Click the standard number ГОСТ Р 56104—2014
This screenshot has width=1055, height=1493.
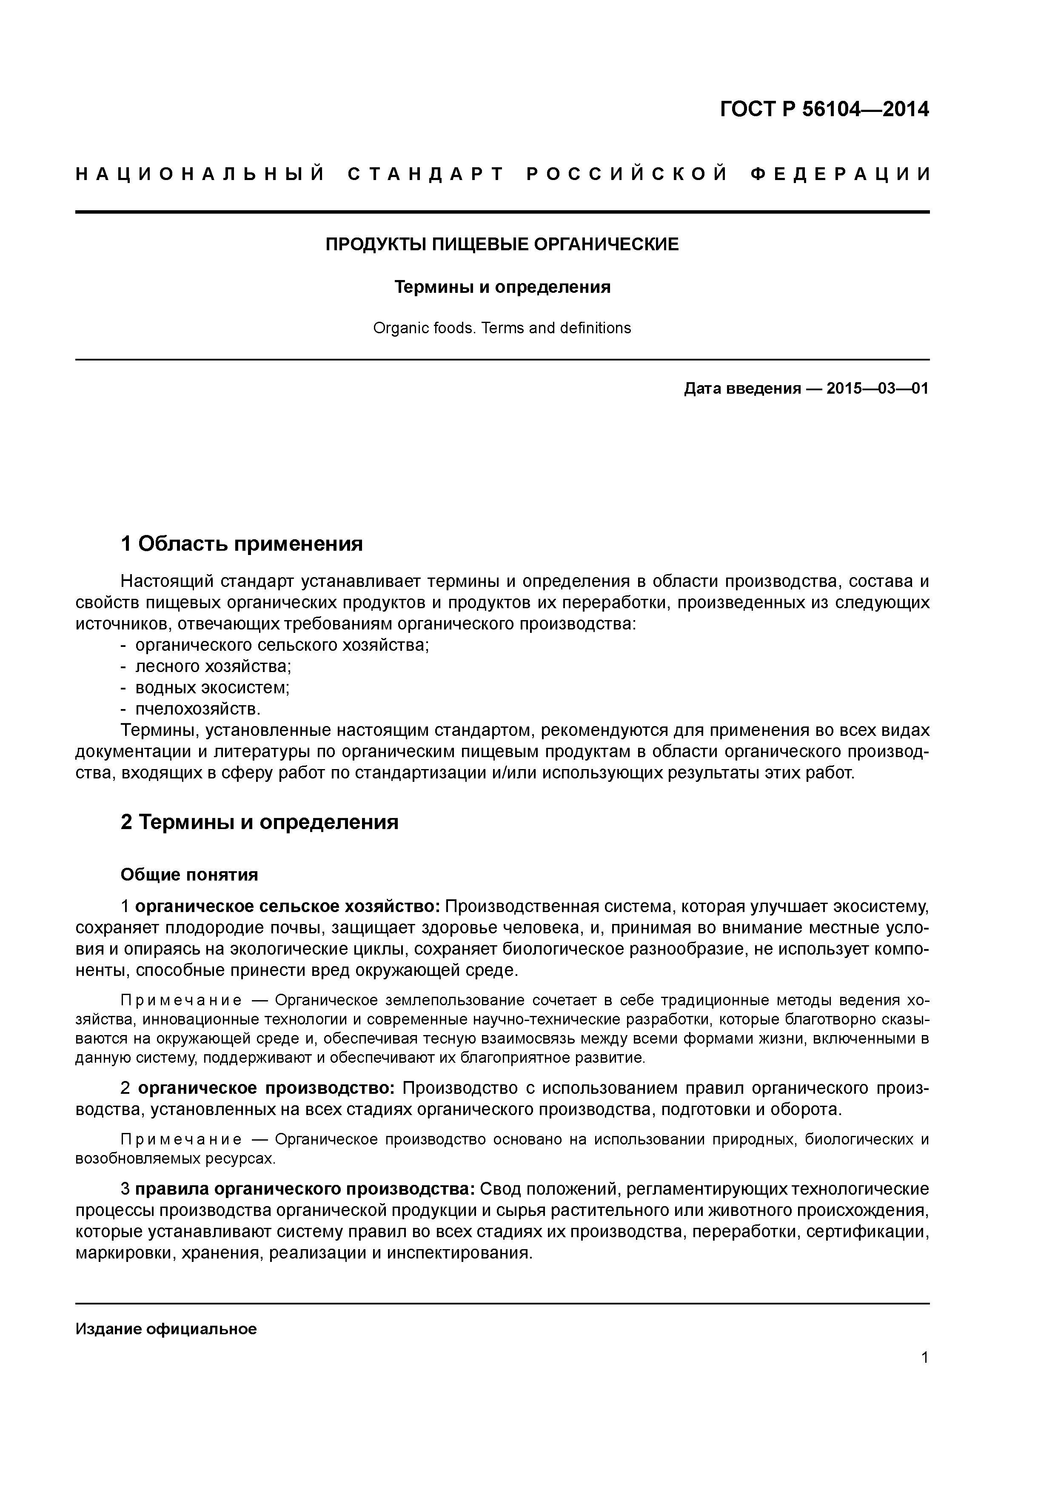pyautogui.click(x=824, y=109)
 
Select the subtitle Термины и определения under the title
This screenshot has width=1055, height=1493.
pyautogui.click(x=502, y=287)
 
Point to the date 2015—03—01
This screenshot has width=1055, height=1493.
pyautogui.click(x=878, y=389)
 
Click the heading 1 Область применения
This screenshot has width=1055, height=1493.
pyautogui.click(x=242, y=543)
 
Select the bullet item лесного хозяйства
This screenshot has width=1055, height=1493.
pyautogui.click(x=213, y=666)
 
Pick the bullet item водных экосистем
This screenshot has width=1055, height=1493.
pyautogui.click(x=212, y=687)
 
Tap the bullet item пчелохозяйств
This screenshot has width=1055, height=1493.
pyautogui.click(x=198, y=708)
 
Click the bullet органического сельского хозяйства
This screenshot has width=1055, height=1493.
pyautogui.click(x=282, y=645)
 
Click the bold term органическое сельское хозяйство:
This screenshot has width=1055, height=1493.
pyautogui.click(x=288, y=907)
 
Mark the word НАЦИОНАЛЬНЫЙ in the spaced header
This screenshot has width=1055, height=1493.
pyautogui.click(x=200, y=174)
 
